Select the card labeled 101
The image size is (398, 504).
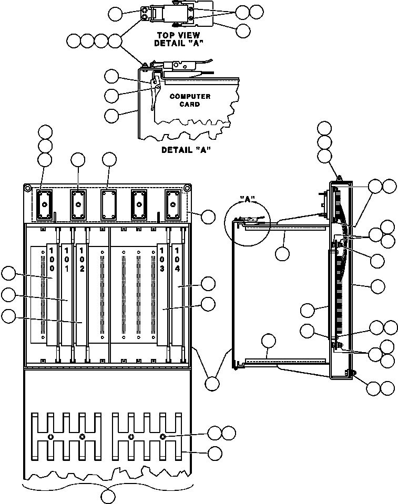click(x=67, y=294)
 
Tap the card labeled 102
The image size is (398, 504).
click(x=81, y=294)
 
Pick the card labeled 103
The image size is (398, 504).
click(x=162, y=294)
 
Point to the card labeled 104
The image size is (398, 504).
click(x=177, y=294)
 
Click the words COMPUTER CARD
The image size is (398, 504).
click(x=190, y=100)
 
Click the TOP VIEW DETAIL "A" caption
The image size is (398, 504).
click(x=179, y=39)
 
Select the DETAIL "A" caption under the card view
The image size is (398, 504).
click(x=186, y=150)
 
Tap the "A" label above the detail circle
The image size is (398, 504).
click(x=248, y=199)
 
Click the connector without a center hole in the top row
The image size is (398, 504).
click(x=109, y=205)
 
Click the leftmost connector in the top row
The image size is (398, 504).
click(x=45, y=205)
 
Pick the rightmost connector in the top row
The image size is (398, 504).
click(x=172, y=205)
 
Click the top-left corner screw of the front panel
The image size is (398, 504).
click(x=27, y=188)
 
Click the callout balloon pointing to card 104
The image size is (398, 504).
click(x=208, y=284)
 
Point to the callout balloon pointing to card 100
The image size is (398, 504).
click(x=8, y=274)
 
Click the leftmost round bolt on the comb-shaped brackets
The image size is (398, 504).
click(x=50, y=437)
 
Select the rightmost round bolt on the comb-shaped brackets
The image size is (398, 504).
click(x=162, y=437)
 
